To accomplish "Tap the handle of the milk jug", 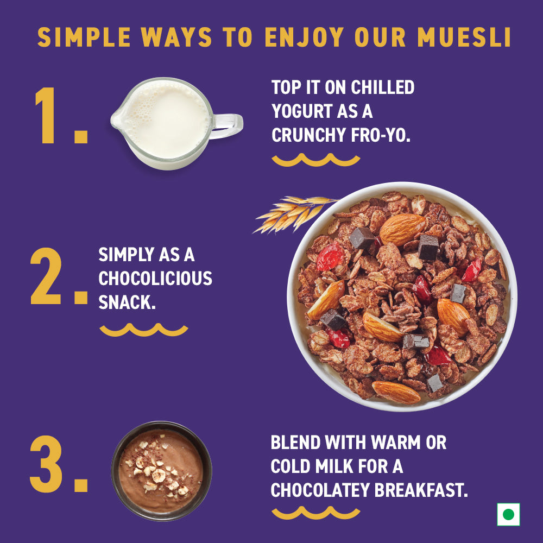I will (x=227, y=126).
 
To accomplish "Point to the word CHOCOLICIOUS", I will (x=155, y=279).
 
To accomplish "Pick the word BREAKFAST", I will (x=421, y=490).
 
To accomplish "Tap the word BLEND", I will (x=296, y=443).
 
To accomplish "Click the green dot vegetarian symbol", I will (x=508, y=514).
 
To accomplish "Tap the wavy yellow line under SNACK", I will (x=144, y=330).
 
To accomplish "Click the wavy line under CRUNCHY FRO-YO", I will (x=315, y=160).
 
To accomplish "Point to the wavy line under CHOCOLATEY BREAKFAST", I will (x=315, y=513).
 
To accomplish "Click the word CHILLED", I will (x=382, y=87).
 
